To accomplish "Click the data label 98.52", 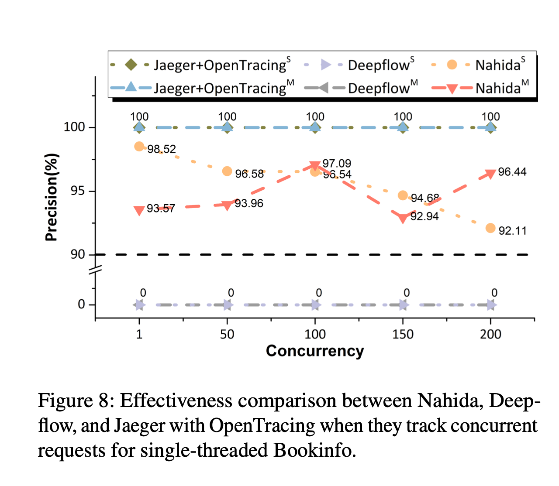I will [x=162, y=149].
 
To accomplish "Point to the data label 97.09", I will [x=337, y=163].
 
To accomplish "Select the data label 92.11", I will [x=512, y=231].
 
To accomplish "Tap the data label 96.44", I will [x=512, y=172].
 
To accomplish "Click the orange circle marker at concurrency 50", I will [x=227, y=171].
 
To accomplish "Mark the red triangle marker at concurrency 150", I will [x=403, y=218].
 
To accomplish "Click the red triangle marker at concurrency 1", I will [x=139, y=211].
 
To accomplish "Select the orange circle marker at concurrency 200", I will [x=490, y=228].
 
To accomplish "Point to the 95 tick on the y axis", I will [x=77, y=191].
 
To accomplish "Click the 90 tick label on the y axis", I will [x=77, y=254].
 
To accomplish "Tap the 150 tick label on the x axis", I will [x=403, y=335].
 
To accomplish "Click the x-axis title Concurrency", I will [x=315, y=351].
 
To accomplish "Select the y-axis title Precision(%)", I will [x=52, y=197].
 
